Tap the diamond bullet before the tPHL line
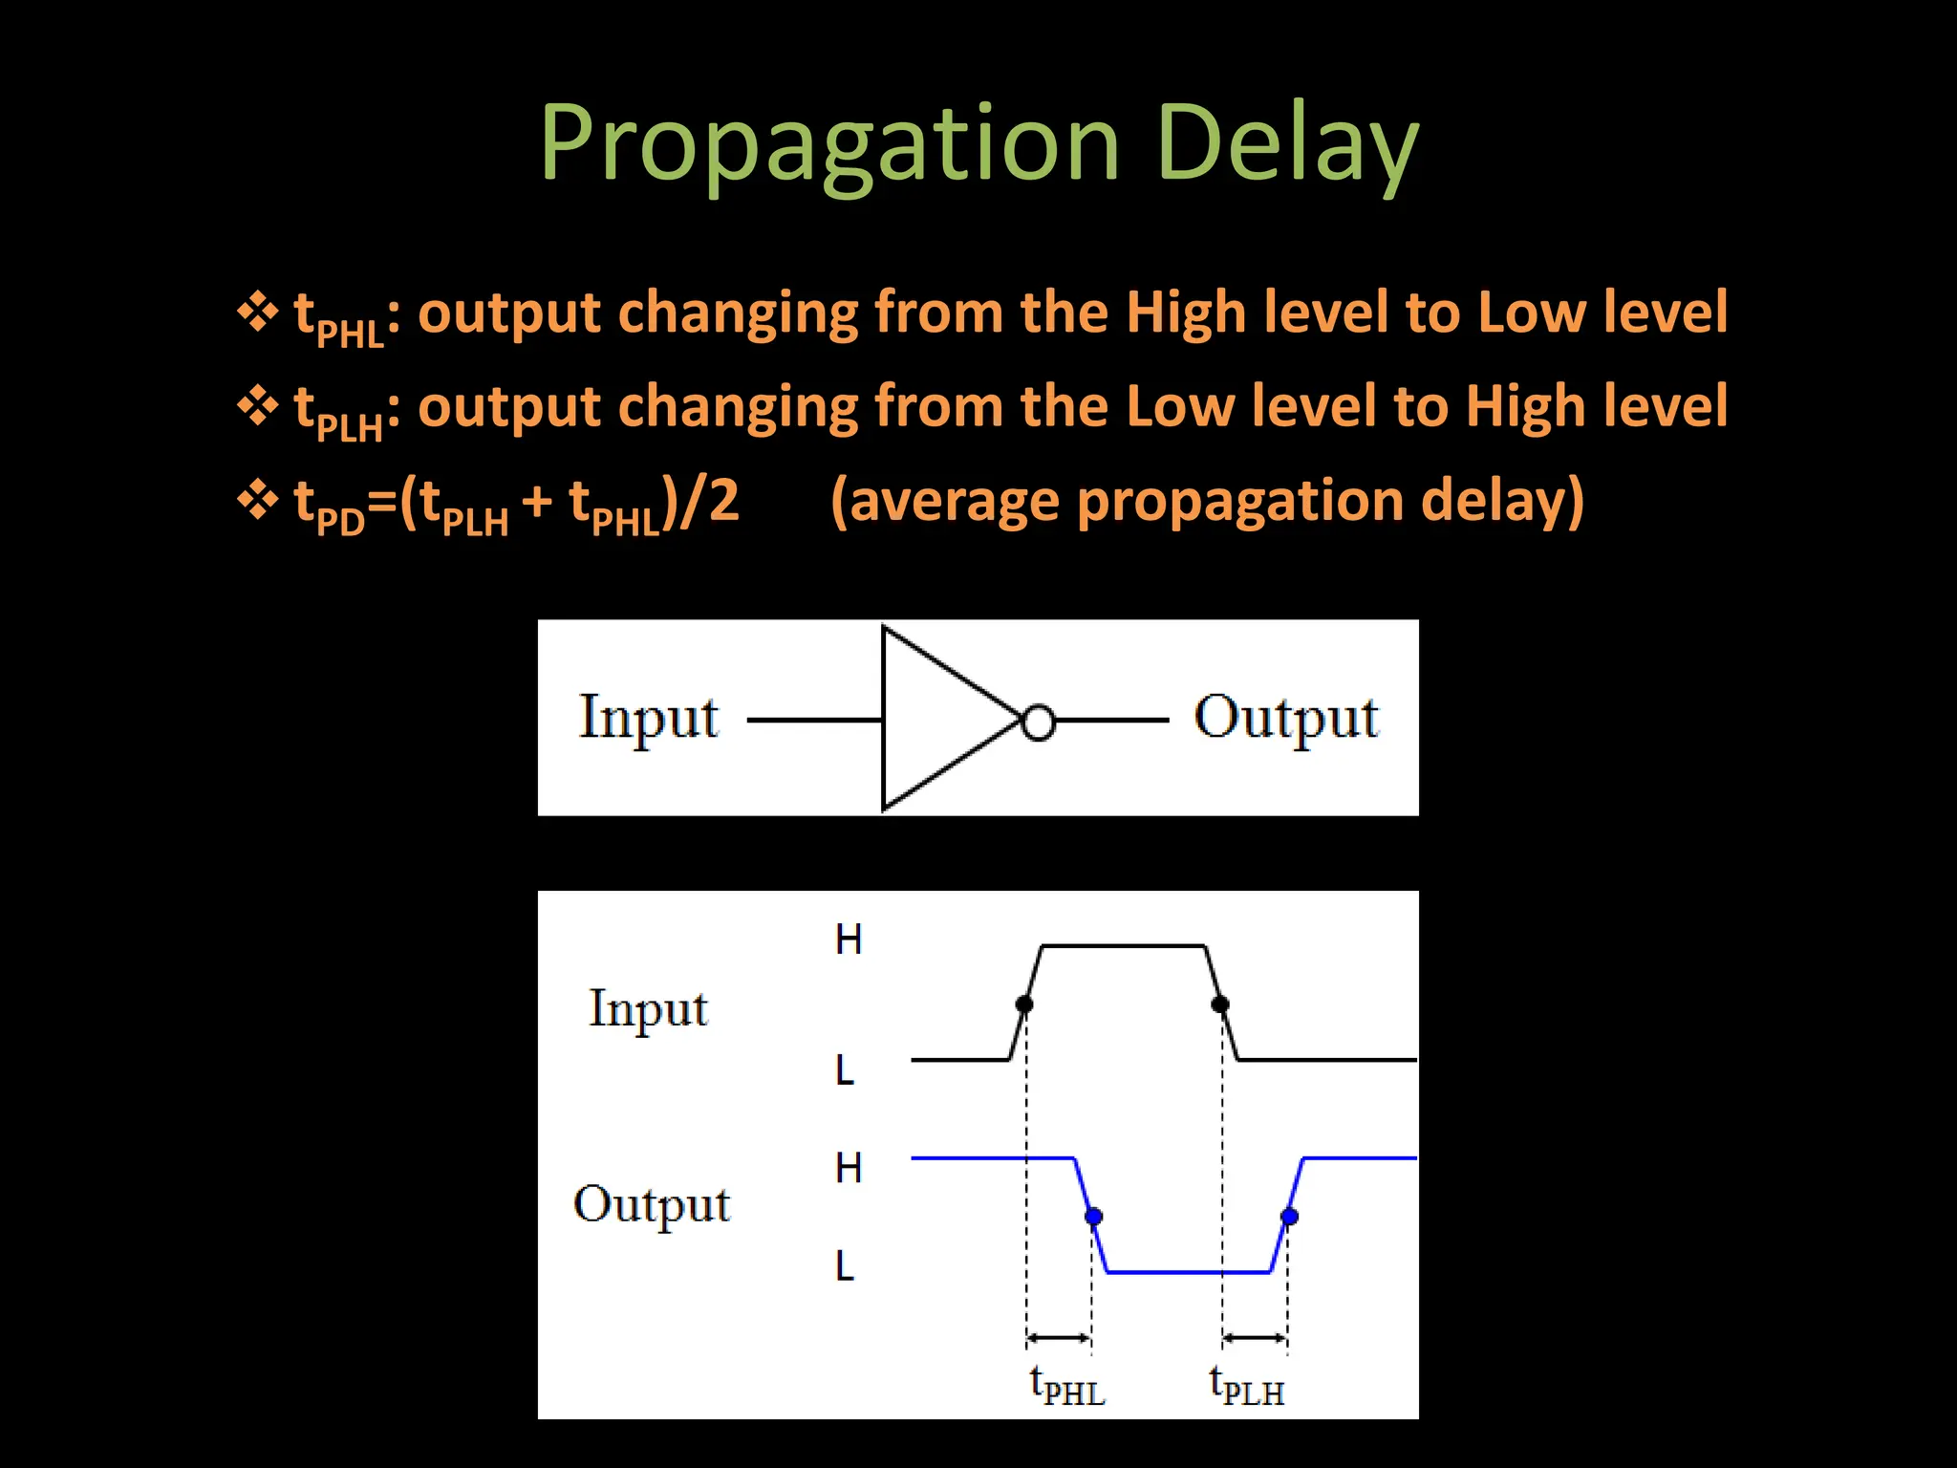coord(257,313)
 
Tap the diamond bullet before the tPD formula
coord(257,500)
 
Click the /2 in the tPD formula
coord(709,501)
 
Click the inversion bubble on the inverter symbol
coord(1039,723)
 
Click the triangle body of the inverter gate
coord(936,719)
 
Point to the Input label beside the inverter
coord(649,719)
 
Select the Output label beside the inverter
coord(1286,719)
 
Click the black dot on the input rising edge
coord(1024,1004)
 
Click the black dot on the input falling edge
coord(1220,1004)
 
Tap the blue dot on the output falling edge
coord(1094,1217)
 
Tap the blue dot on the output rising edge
coord(1290,1217)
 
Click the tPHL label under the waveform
coord(1067,1387)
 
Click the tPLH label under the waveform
coord(1247,1387)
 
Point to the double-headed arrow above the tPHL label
coord(1059,1338)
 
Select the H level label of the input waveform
coord(849,940)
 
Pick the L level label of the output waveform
coord(845,1267)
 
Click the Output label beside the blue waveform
coord(652,1205)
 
